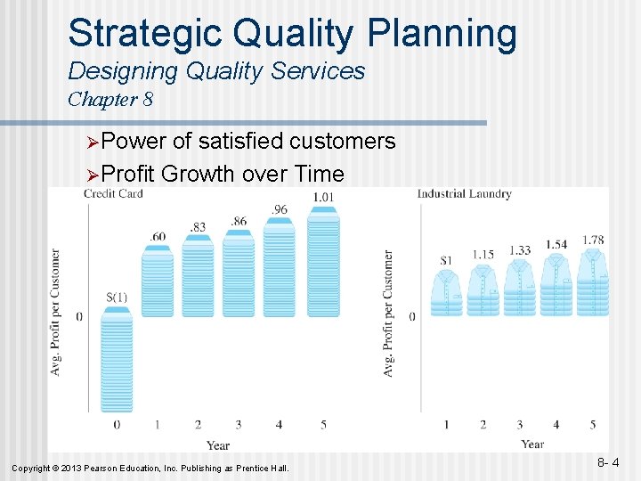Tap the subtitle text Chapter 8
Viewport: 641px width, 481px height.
[x=110, y=99]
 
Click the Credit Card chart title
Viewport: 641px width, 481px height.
[x=114, y=194]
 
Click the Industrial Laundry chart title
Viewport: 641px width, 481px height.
[x=464, y=194]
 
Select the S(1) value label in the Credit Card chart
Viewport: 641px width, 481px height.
[x=116, y=297]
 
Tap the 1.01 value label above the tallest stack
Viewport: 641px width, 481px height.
[x=324, y=197]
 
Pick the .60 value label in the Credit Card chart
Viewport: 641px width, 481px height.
[x=158, y=235]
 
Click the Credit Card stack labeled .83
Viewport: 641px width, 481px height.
[x=199, y=275]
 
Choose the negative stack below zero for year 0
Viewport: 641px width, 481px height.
[x=116, y=362]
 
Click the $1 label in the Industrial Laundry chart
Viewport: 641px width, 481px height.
[x=447, y=260]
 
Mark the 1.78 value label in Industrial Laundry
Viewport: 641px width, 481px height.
[x=593, y=240]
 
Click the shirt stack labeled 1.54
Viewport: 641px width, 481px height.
[x=556, y=284]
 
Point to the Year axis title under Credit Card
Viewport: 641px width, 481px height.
[x=218, y=445]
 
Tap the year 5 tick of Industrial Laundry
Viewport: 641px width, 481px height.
[x=593, y=425]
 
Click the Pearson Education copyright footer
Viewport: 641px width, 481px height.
[x=150, y=468]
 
